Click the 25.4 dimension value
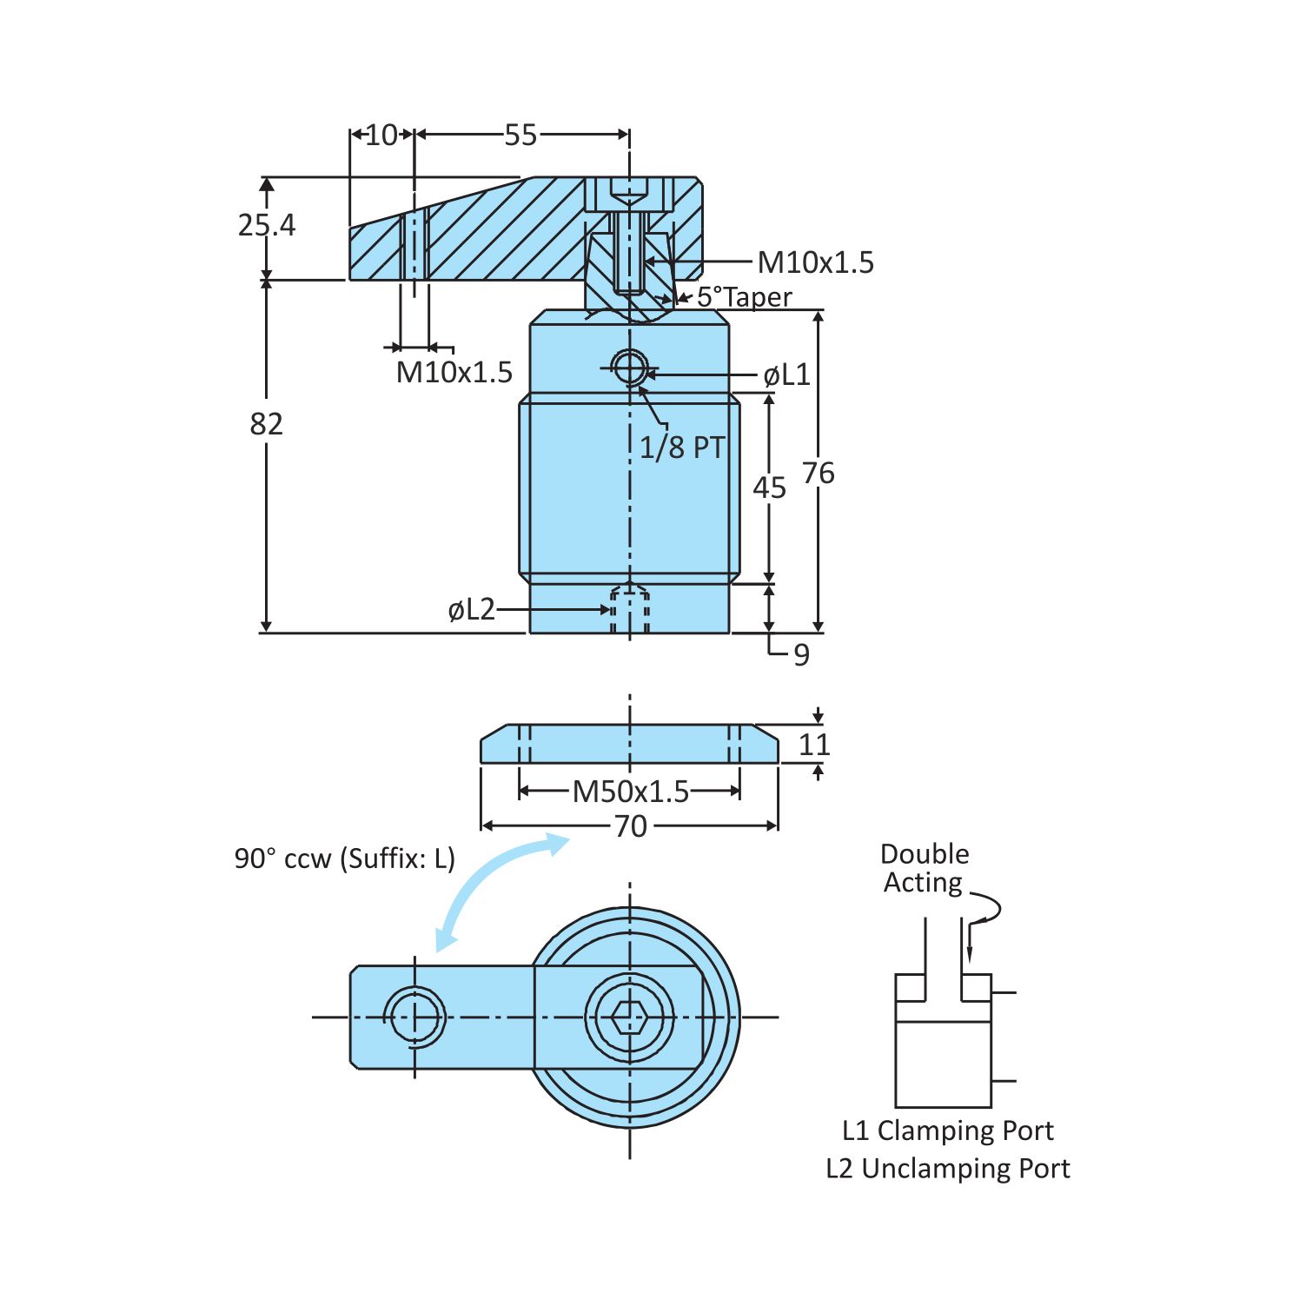coord(266,225)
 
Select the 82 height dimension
coord(266,424)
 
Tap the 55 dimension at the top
coord(520,135)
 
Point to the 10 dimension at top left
coord(381,135)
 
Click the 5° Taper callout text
coord(744,297)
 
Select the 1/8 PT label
coord(681,447)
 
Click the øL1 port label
coord(786,375)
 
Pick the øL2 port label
coord(471,610)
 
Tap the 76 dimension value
coord(818,474)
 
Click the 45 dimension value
coord(769,488)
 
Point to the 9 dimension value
coord(801,654)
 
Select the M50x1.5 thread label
coord(630,792)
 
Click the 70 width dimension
coord(630,826)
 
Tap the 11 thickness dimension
coord(814,745)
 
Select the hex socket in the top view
coord(628,1017)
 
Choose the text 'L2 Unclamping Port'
coord(947,1169)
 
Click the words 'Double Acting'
coord(925,868)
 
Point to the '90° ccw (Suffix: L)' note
coord(344,859)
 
